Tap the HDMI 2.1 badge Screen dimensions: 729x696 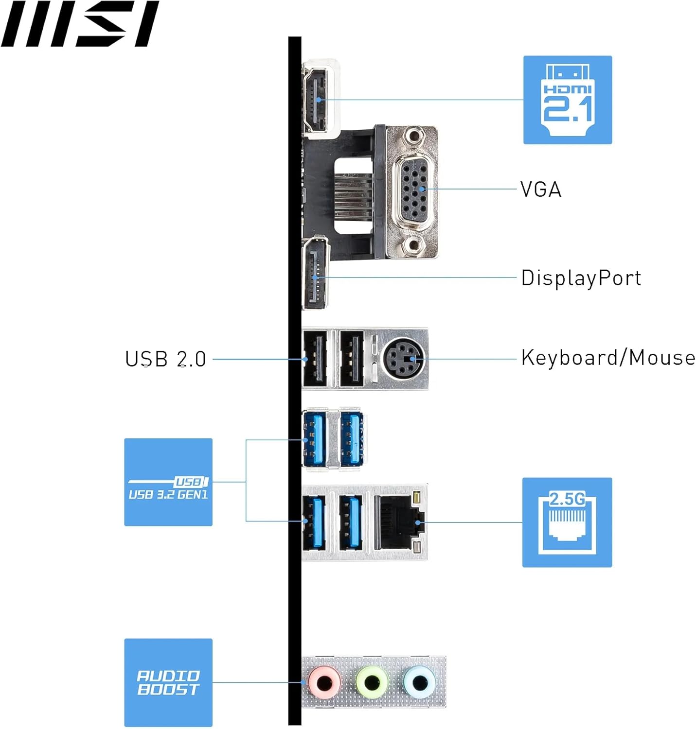[x=567, y=100]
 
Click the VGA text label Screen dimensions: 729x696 [x=540, y=190]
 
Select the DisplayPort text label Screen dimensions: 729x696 [x=581, y=278]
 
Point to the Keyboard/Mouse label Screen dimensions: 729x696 [x=608, y=358]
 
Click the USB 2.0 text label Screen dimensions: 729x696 [x=165, y=359]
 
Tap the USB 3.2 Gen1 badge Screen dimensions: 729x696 [x=168, y=482]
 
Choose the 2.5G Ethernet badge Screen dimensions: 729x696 [x=567, y=522]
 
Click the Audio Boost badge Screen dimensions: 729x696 [x=168, y=682]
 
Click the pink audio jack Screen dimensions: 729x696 [x=324, y=682]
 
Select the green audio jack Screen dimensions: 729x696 [x=372, y=682]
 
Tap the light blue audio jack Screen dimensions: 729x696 [x=419, y=682]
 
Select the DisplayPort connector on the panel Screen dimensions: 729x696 [x=315, y=275]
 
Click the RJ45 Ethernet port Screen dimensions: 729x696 [x=396, y=522]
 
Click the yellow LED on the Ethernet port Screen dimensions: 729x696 [x=416, y=498]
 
